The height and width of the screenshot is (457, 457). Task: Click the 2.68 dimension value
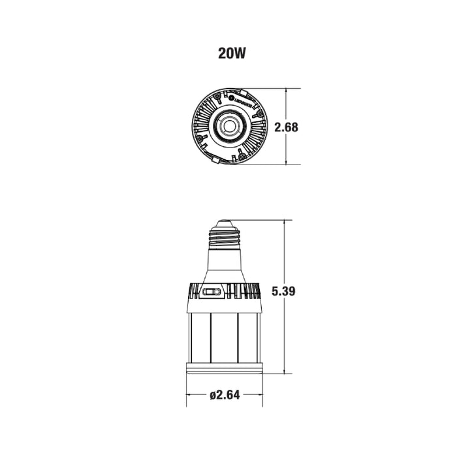click(286, 127)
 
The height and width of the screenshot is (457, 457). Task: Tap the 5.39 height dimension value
click(285, 292)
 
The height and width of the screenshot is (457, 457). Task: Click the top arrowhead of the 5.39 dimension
click(285, 223)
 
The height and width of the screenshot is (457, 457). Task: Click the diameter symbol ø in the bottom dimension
click(213, 396)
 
